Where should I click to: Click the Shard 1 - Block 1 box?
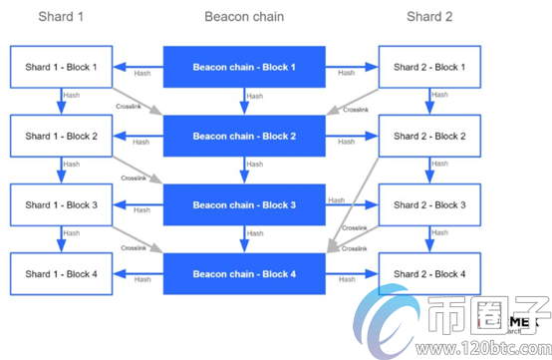[x=62, y=67]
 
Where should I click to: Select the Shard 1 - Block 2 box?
[x=62, y=136]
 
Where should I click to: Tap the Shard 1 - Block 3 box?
[x=62, y=204]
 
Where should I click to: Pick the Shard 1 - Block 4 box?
[x=62, y=273]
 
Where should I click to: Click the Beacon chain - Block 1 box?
[x=244, y=67]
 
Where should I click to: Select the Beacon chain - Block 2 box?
[x=244, y=136]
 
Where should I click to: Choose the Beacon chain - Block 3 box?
[x=244, y=204]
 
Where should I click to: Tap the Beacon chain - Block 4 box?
[x=244, y=273]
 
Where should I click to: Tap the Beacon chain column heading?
[x=244, y=17]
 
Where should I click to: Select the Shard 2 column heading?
[x=429, y=17]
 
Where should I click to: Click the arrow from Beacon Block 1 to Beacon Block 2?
[x=244, y=101]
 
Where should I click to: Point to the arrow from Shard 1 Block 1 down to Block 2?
[x=62, y=101]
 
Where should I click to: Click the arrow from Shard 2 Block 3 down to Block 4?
[x=430, y=238]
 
